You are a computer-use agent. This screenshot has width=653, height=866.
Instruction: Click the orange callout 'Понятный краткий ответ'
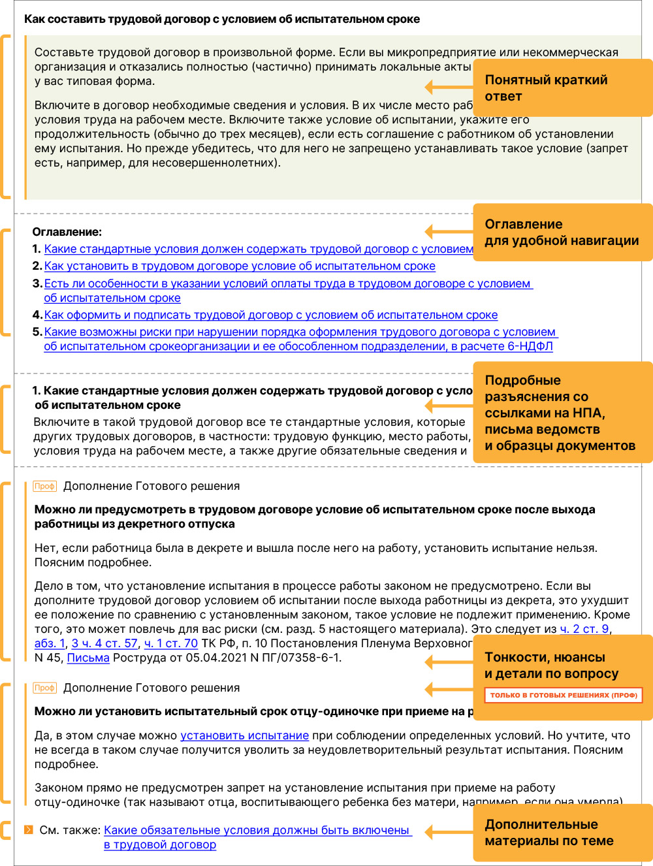(562, 88)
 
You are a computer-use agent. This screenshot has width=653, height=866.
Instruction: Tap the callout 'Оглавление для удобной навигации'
(562, 232)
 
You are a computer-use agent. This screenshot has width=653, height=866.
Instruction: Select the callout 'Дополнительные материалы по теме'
(562, 832)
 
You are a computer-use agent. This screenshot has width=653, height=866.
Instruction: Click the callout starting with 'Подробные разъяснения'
(562, 412)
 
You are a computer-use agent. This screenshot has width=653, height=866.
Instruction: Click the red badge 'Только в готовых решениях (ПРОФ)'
(563, 695)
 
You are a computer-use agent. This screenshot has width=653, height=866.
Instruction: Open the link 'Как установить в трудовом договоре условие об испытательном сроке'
(240, 266)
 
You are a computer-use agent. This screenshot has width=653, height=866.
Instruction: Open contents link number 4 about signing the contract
(271, 315)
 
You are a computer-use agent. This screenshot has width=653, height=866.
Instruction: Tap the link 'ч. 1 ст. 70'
(170, 643)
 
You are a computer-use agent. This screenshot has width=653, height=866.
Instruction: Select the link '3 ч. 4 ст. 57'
(104, 643)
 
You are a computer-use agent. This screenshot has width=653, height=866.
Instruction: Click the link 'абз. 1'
(50, 643)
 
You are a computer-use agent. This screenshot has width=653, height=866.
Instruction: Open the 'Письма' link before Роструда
(88, 658)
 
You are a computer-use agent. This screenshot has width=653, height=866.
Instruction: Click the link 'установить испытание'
(244, 735)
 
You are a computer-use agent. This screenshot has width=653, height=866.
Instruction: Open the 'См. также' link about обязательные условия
(257, 830)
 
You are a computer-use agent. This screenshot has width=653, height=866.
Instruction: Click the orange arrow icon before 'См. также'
(28, 830)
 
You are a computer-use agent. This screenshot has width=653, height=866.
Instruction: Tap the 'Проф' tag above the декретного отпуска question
(44, 486)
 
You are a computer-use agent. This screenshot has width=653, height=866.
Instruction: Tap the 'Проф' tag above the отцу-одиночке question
(44, 688)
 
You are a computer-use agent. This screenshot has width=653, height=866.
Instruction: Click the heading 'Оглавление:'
(67, 232)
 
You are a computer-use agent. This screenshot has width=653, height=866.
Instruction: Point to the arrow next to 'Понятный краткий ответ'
(449, 87)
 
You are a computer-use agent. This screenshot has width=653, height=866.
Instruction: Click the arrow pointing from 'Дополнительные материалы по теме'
(449, 832)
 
